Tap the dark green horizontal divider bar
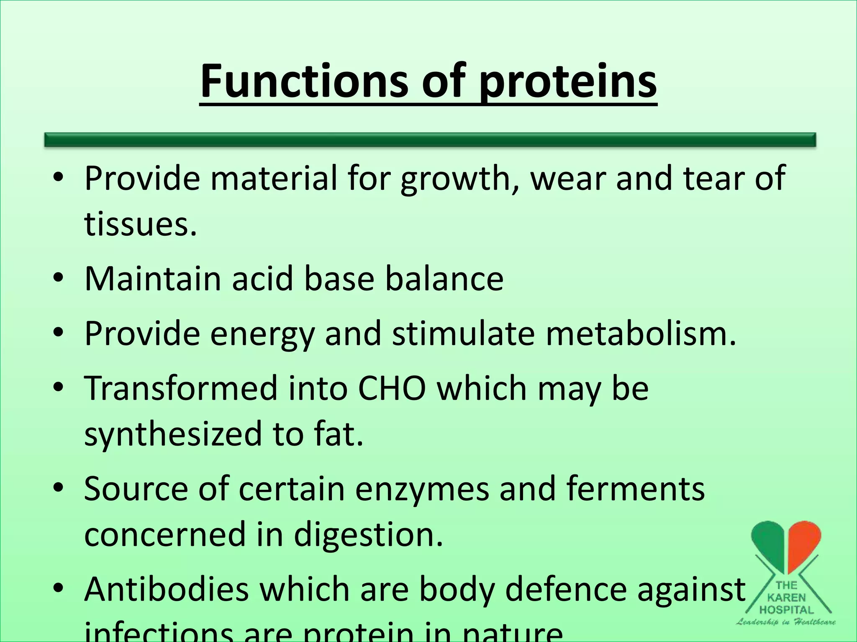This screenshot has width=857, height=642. coord(430,140)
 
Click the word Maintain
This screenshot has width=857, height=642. coord(153,279)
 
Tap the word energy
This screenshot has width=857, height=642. coord(262,334)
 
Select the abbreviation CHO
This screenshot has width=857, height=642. coord(392,388)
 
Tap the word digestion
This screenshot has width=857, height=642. coord(368,535)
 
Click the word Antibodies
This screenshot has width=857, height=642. coord(167,589)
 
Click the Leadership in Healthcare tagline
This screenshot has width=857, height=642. coord(786,622)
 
